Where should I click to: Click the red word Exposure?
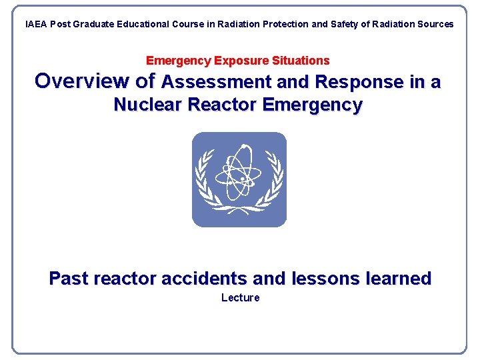click(x=241, y=61)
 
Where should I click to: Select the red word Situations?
click(x=301, y=61)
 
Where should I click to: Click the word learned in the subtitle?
click(x=399, y=278)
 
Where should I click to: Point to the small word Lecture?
click(x=240, y=297)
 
